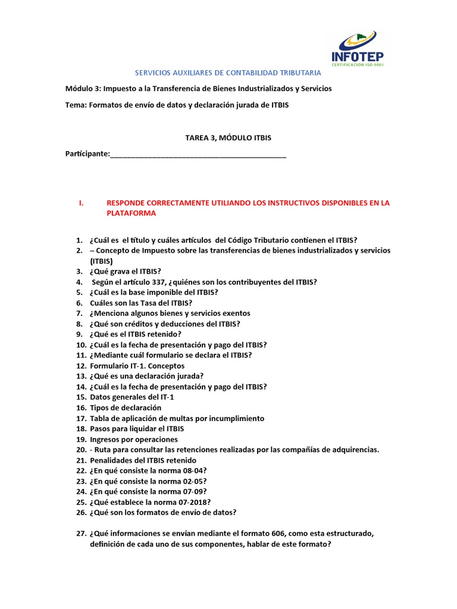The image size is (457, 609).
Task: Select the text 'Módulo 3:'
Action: pos(83,89)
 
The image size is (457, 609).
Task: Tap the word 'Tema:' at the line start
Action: pos(76,105)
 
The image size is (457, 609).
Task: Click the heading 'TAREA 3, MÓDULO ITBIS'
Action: pos(228,138)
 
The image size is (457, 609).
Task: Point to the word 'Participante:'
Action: pos(87,154)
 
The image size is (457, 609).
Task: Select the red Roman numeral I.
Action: pos(80,203)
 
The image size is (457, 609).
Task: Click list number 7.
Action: pos(79,313)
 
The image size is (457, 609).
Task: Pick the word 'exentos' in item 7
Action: pos(237,313)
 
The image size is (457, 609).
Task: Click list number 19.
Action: pos(81,440)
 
